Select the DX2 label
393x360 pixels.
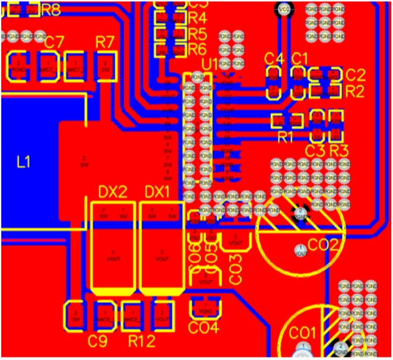[x=113, y=191]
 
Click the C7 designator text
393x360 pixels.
[x=54, y=42]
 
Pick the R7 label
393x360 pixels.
[x=105, y=42]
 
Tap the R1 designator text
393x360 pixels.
[x=285, y=138]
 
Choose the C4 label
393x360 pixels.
[x=273, y=59]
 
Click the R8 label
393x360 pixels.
[x=51, y=11]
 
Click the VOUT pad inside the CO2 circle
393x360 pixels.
[x=300, y=251]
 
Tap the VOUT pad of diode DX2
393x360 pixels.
[x=112, y=255]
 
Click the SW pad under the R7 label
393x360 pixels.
[x=105, y=65]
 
